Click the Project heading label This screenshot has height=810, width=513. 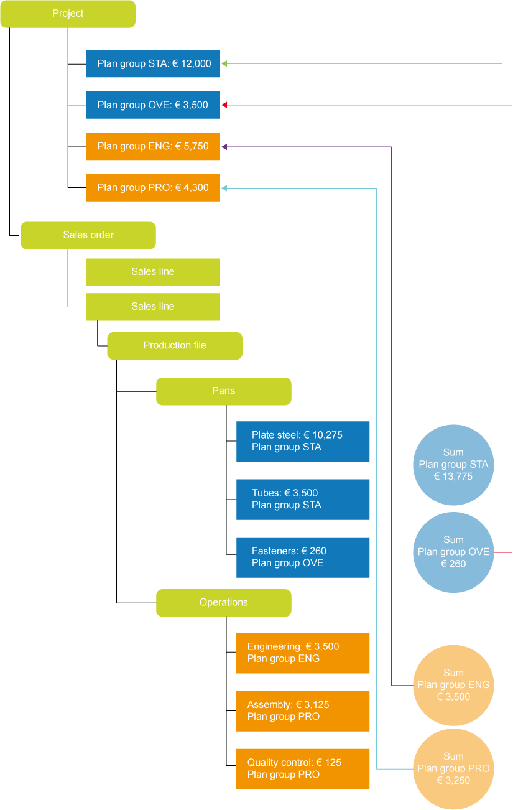pyautogui.click(x=68, y=14)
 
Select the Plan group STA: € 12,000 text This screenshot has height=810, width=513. pyautogui.click(x=154, y=63)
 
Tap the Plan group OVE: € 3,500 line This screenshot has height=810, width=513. pyautogui.click(x=153, y=105)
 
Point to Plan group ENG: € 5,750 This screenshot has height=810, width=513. pyautogui.click(x=153, y=147)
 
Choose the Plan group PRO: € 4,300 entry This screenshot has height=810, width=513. pyautogui.click(x=153, y=188)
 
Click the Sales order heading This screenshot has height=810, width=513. pyautogui.click(x=88, y=235)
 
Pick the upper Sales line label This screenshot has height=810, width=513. pyautogui.click(x=153, y=272)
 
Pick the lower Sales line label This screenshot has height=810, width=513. pyautogui.click(x=153, y=307)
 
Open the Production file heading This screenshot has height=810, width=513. pyautogui.click(x=175, y=345)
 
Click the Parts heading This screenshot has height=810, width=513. pyautogui.click(x=224, y=391)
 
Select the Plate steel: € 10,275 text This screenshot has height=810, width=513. pyautogui.click(x=297, y=435)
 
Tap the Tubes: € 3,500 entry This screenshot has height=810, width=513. pyautogui.click(x=285, y=493)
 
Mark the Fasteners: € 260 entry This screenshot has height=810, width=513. pyautogui.click(x=289, y=551)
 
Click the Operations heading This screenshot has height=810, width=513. pyautogui.click(x=224, y=602)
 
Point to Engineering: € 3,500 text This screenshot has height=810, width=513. pyautogui.click(x=293, y=647)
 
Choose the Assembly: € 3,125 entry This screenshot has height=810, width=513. pyautogui.click(x=289, y=705)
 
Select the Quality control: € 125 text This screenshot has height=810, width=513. pyautogui.click(x=294, y=763)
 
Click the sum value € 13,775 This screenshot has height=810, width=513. pyautogui.click(x=453, y=477)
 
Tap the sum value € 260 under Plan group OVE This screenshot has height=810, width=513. pyautogui.click(x=453, y=564)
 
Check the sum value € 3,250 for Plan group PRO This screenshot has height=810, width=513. pyautogui.click(x=453, y=780)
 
